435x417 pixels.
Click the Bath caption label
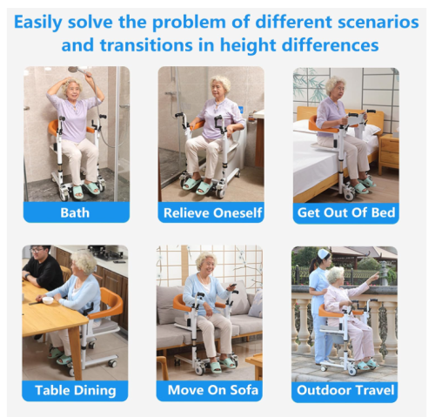click(75, 212)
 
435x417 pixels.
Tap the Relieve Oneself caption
click(212, 212)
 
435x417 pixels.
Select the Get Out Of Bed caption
click(346, 212)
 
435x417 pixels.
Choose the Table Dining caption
click(76, 390)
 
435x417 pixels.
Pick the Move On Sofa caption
click(213, 390)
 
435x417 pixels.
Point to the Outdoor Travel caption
click(345, 390)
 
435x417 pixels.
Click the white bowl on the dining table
click(48, 300)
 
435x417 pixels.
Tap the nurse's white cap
click(324, 254)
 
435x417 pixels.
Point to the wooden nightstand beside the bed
click(389, 154)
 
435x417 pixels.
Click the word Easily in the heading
click(38, 23)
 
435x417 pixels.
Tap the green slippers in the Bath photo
click(85, 191)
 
